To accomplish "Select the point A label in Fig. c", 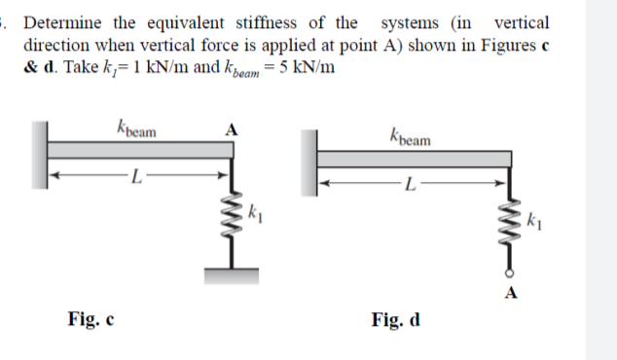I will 232,129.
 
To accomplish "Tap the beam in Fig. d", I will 414,159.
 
